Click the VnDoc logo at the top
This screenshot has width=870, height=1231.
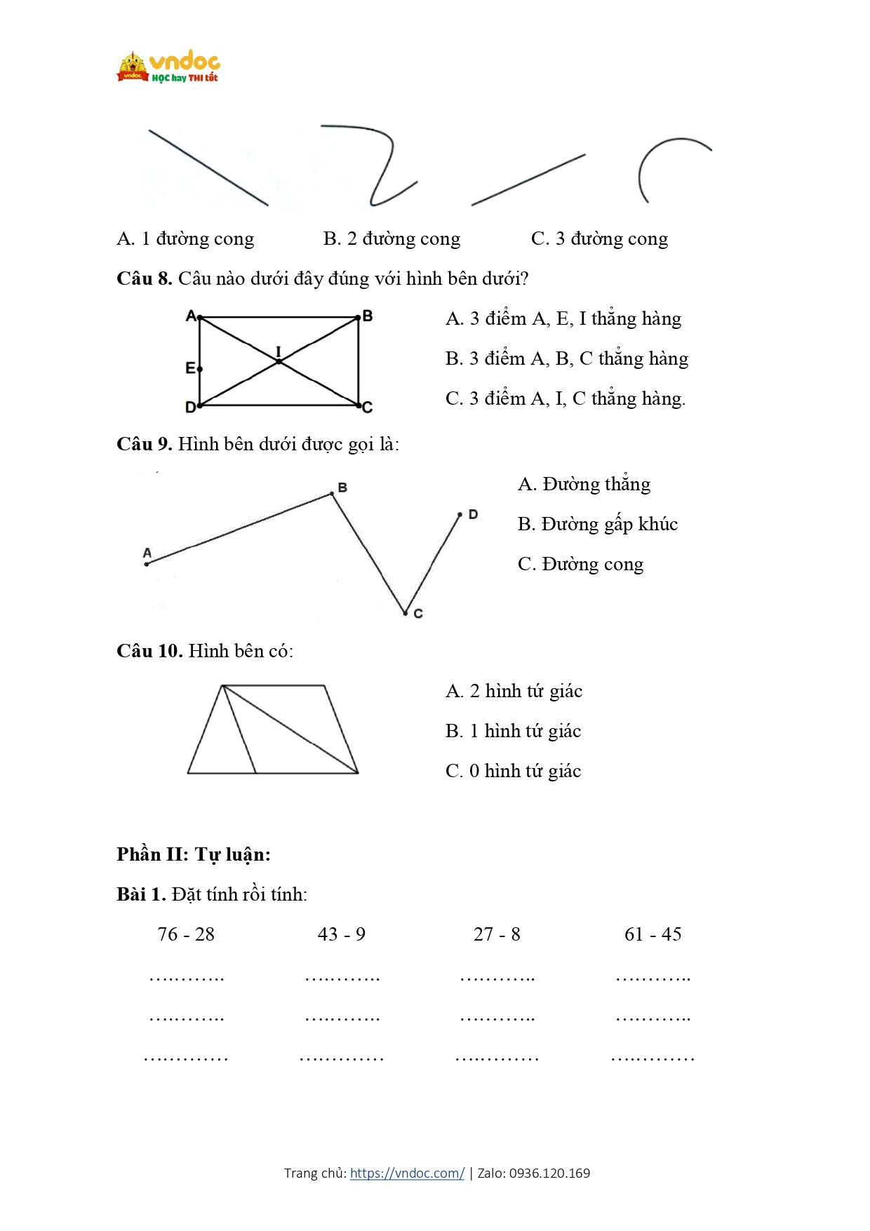(168, 67)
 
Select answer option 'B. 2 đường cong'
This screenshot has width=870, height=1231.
(391, 239)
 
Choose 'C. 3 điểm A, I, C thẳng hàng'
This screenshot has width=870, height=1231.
(565, 398)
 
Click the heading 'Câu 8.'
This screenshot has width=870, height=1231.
(145, 278)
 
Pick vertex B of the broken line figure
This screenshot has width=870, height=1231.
(333, 494)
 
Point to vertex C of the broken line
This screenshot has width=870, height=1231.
(406, 613)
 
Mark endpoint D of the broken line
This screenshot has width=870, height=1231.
(460, 515)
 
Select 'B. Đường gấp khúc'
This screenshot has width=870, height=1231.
(597, 524)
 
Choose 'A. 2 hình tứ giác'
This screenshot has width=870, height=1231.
(514, 691)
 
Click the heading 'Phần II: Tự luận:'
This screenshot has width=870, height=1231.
(194, 854)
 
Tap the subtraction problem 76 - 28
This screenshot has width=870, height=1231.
(186, 934)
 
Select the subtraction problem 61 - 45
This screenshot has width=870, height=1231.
(652, 934)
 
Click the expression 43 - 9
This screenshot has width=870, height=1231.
(342, 934)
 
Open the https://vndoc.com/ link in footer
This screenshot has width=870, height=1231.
(407, 1173)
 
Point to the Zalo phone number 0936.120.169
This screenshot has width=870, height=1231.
(549, 1173)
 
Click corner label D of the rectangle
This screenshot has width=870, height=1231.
(190, 407)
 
